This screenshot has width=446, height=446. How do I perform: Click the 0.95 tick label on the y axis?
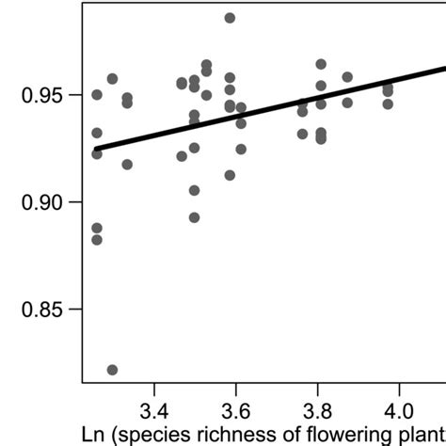pos(36,95)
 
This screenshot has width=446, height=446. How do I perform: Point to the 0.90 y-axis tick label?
pos(36,202)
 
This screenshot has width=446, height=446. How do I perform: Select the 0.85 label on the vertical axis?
pos(36,310)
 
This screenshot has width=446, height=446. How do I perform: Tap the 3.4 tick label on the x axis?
pos(153,412)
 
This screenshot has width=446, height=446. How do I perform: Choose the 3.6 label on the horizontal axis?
pos(235,412)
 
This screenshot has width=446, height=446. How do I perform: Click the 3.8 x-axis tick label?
pos(317,412)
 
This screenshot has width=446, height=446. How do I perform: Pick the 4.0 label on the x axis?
pos(399,412)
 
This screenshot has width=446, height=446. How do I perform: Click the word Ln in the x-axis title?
pos(95,436)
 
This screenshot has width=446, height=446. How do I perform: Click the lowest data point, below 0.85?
pos(112,370)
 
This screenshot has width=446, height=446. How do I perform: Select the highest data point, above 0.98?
pos(230,18)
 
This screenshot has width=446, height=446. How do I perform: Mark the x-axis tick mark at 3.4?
pos(153,388)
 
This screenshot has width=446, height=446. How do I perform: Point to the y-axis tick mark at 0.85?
pos(77,310)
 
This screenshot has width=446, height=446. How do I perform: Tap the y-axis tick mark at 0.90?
pos(77,202)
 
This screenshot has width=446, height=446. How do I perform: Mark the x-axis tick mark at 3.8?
pos(317,388)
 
